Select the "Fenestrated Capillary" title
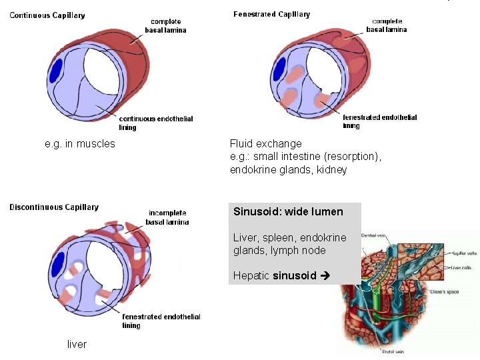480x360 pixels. (271, 15)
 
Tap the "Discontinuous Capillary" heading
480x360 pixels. (54, 207)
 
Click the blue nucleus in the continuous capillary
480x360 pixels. (57, 71)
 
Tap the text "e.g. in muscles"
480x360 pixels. (80, 143)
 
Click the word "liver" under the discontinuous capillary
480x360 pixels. (77, 344)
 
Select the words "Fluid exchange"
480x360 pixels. (265, 143)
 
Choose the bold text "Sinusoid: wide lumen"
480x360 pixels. (288, 212)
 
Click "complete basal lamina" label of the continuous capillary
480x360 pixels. (165, 26)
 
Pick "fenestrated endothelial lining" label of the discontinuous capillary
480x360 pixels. (161, 321)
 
